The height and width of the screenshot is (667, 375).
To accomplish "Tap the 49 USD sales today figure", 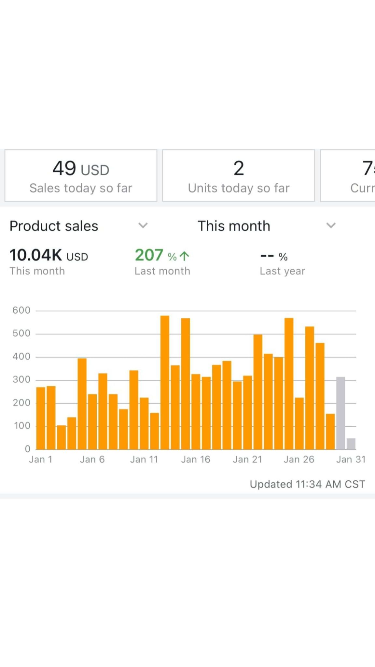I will click(x=81, y=169).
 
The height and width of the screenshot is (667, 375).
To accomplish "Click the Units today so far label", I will click(x=239, y=188).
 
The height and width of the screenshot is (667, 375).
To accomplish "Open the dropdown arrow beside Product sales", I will click(x=143, y=225).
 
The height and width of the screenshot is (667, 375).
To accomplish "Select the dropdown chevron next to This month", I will click(x=331, y=225).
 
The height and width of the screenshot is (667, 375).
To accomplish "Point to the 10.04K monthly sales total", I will click(x=36, y=255).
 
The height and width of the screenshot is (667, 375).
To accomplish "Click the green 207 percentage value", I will click(x=149, y=255).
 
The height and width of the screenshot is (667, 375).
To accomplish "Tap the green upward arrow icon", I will click(x=184, y=256).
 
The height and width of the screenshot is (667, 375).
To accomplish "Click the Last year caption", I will click(x=282, y=271).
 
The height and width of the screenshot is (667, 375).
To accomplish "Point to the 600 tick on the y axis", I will click(x=21, y=310).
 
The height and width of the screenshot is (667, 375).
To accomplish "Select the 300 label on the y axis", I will click(x=21, y=380).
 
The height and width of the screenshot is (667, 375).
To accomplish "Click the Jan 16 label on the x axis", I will click(x=196, y=460).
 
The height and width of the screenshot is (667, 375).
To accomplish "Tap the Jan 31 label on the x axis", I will click(x=351, y=460).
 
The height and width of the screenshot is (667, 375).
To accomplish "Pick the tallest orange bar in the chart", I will click(x=165, y=382).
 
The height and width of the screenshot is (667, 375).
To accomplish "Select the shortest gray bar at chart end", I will click(x=351, y=444).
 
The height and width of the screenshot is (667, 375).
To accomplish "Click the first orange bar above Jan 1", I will click(x=41, y=418).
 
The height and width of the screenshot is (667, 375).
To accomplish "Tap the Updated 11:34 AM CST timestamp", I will click(x=307, y=484).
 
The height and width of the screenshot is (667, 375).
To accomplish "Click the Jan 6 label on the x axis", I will click(x=92, y=460).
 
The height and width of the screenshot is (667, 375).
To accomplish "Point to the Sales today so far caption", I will click(x=81, y=188).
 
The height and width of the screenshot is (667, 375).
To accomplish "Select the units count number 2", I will click(x=239, y=168).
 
